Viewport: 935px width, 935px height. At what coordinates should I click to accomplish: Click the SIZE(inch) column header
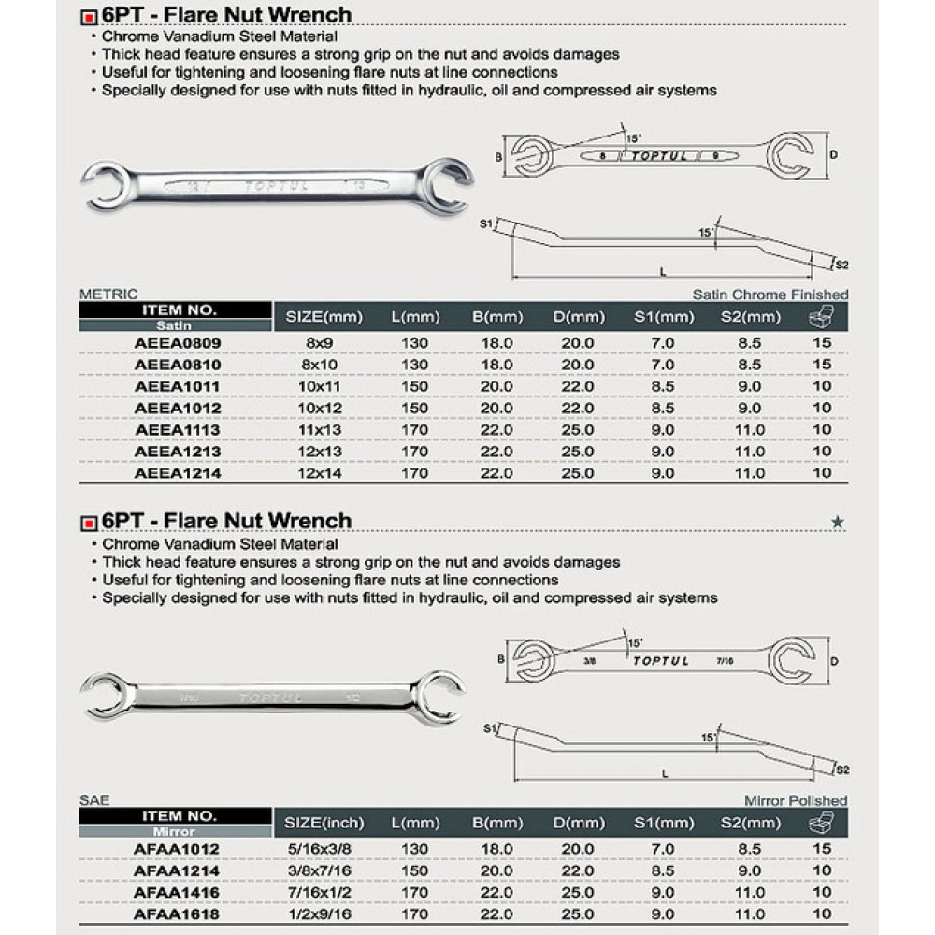click(317, 823)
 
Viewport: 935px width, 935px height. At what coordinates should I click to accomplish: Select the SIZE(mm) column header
click(317, 317)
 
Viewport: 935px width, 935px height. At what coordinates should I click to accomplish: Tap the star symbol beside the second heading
click(838, 523)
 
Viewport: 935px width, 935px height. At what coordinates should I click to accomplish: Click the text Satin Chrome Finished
click(770, 295)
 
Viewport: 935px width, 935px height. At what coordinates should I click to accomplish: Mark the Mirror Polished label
click(796, 800)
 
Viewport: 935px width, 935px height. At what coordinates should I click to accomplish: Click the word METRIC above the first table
click(110, 295)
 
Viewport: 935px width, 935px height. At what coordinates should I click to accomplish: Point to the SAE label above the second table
click(95, 800)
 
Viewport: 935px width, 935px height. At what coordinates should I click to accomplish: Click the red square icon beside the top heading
click(89, 16)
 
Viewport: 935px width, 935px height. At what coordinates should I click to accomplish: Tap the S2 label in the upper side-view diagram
click(841, 265)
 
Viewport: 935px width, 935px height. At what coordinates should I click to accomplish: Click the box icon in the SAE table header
click(822, 823)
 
